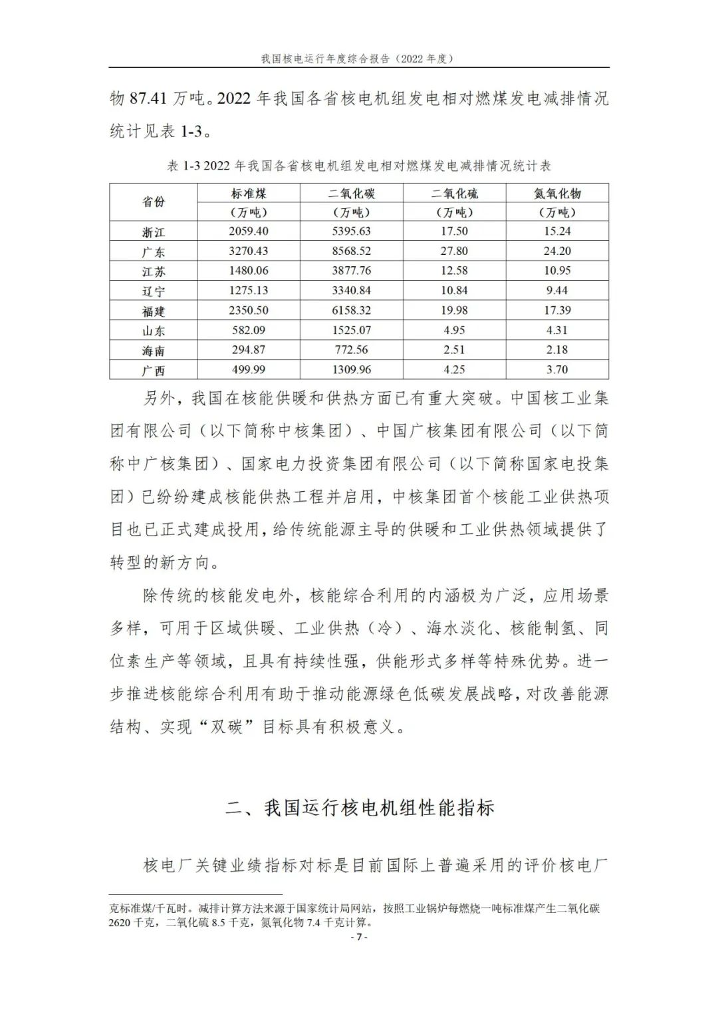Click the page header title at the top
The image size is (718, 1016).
point(358,59)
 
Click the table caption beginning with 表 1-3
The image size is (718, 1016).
point(358,166)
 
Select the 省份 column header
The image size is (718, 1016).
point(154,202)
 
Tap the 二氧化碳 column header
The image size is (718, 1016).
point(352,194)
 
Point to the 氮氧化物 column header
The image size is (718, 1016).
point(557,194)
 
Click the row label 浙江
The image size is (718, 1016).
point(154,232)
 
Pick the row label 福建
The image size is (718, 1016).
point(154,311)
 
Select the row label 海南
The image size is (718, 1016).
point(154,351)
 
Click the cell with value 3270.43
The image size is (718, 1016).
point(249,252)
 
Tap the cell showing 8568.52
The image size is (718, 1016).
point(352,252)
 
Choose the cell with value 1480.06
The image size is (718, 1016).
point(249,271)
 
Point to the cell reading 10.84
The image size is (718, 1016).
point(454,291)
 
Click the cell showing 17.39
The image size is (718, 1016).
point(557,310)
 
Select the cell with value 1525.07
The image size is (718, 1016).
point(352,330)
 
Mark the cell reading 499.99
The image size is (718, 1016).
point(249,369)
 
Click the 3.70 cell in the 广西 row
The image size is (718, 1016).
point(557,369)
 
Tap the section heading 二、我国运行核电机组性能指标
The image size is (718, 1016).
point(360,808)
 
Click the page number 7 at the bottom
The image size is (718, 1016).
point(358,937)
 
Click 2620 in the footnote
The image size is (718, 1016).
point(123,922)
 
